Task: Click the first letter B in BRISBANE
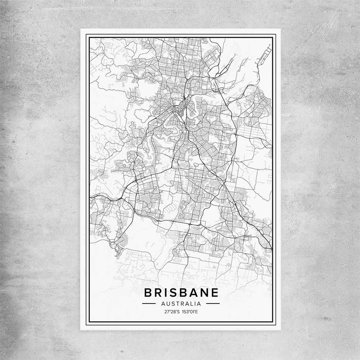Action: tap(148, 293)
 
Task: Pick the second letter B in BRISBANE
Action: tap(184, 293)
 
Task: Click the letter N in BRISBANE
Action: tap(204, 293)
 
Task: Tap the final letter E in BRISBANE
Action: tap(215, 293)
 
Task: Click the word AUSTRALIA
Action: tap(181, 304)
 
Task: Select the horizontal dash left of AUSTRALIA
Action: tap(149, 304)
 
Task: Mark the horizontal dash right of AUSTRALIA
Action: tap(213, 304)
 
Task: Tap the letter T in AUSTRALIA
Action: tap(177, 304)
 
